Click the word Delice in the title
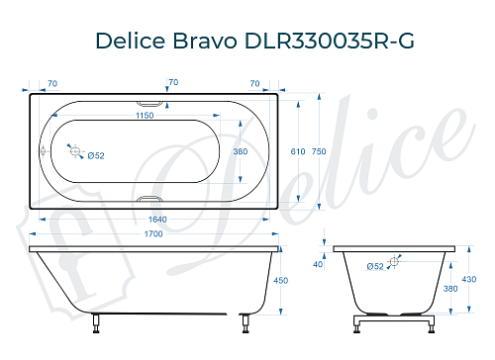tap(133, 42)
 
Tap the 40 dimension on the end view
tap(318, 264)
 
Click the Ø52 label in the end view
tap(375, 266)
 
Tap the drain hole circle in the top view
tap(74, 150)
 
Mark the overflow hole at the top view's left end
tap(42, 151)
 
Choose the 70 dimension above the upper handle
tap(173, 83)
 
